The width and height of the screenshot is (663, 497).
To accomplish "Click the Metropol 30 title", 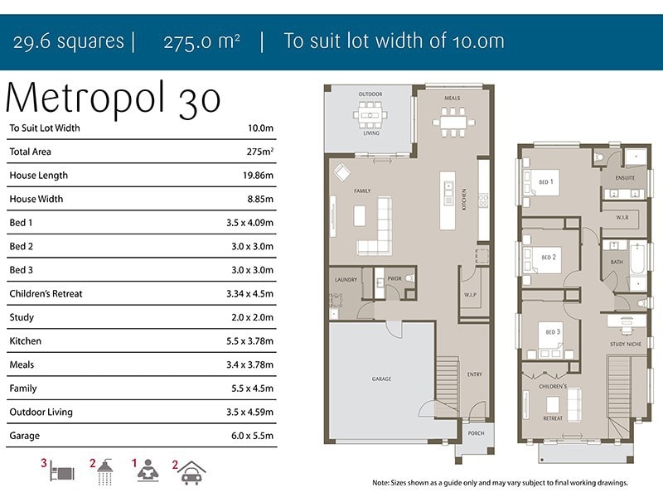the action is pos(113,99).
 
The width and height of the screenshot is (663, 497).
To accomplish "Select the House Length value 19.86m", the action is pos(258,176).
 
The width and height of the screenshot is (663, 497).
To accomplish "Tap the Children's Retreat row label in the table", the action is pos(46,294).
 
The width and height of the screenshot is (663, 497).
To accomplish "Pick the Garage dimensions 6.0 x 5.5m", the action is pos(252,436).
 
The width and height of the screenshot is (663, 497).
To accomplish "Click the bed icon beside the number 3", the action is pos(62,471).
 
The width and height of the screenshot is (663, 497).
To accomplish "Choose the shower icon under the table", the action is pos(105,471).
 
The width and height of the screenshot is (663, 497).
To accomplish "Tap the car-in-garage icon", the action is pos(191,472).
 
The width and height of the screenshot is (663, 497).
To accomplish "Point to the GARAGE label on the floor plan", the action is pos(381,379).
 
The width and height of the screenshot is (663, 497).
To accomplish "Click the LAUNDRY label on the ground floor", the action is pos(346,280).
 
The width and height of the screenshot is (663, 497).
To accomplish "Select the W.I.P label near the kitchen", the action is pos(470,295).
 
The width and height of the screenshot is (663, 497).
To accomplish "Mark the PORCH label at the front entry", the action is pos(476,433).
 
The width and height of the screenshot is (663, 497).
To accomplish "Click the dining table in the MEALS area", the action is pos(452,122).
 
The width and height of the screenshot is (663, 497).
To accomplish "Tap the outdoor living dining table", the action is pos(370,114).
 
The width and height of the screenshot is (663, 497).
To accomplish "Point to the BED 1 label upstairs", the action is pos(546,181).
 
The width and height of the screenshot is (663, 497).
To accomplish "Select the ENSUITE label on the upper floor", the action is pos(625,178).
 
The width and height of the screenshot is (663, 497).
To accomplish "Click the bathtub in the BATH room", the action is pos(637,258).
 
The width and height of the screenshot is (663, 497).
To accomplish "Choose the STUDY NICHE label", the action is pos(626,344).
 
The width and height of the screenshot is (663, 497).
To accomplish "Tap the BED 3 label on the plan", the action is pos(553,332).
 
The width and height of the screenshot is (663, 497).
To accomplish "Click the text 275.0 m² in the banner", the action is pos(202,41).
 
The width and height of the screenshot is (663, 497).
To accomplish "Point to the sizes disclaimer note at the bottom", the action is pos(501,483).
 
